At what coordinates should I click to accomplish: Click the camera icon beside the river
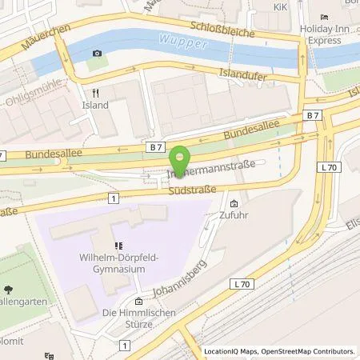(x=98, y=54)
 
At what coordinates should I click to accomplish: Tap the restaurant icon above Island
(x=94, y=92)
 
